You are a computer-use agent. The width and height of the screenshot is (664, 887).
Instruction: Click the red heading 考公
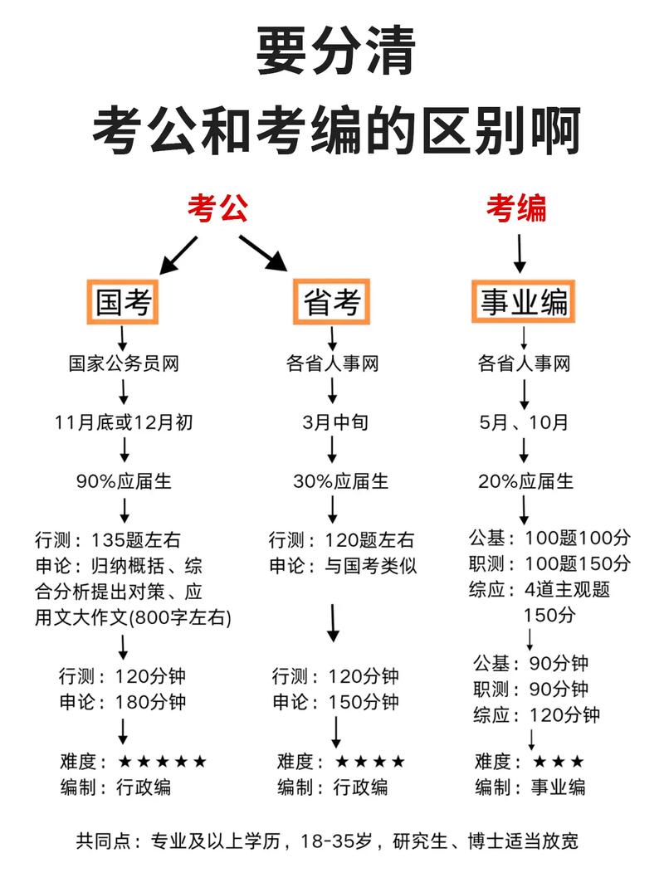click(217, 207)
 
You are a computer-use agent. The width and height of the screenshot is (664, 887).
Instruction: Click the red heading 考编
click(515, 207)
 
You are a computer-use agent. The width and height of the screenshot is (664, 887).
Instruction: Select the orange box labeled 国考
click(124, 303)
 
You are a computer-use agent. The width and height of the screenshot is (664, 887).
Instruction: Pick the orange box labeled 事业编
click(523, 303)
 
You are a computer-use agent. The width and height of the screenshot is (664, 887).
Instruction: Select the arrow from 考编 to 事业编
click(520, 253)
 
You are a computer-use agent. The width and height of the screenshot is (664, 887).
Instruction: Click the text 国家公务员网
click(124, 363)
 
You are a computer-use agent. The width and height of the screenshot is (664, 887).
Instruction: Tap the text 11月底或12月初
click(124, 422)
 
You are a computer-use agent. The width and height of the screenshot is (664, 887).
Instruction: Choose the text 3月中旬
click(334, 422)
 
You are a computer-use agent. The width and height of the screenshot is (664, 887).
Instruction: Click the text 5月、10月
click(524, 422)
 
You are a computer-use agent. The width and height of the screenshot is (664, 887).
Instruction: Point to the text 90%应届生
click(124, 481)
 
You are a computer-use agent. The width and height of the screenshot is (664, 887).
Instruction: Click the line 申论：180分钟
click(123, 702)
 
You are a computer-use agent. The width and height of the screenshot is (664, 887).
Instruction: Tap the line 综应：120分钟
click(536, 714)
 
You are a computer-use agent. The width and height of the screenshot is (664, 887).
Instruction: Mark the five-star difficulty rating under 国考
click(163, 762)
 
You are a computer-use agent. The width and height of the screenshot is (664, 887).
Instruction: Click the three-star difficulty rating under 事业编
click(559, 762)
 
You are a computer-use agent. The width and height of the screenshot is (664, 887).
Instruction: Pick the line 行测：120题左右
click(341, 540)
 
